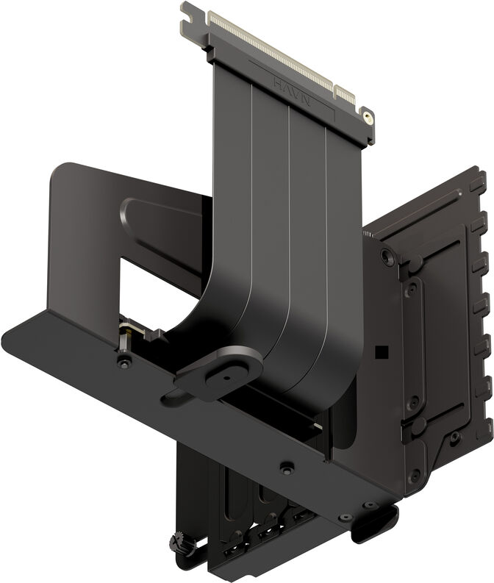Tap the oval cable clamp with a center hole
(221, 371)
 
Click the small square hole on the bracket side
(381, 352)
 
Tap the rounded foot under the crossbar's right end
(374, 523)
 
